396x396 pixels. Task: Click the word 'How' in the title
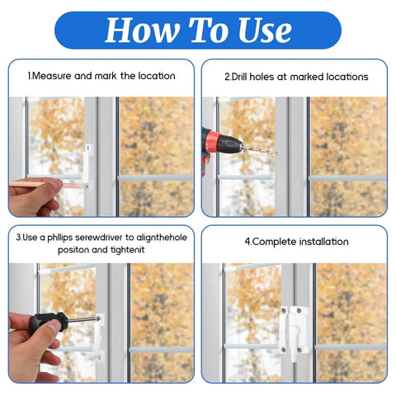pos(143,30)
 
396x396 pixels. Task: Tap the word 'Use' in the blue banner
pos(265,30)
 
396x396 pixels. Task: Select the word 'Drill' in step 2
pos(239,77)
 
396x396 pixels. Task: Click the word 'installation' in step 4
pos(323,242)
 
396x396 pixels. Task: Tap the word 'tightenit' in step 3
pos(128,250)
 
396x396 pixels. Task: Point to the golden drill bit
pos(261,150)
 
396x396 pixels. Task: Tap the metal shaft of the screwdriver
pos(83,319)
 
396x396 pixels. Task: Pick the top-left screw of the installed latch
pos(284,311)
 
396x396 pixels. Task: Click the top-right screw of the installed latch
pos(299,311)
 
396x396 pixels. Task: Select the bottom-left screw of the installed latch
pos(284,350)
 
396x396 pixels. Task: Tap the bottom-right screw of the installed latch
pos(299,350)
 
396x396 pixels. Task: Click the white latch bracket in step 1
pos(87,167)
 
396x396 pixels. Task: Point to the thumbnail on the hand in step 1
pos(58,183)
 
